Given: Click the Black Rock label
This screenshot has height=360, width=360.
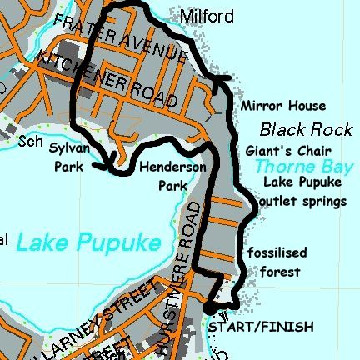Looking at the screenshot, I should click(295, 130).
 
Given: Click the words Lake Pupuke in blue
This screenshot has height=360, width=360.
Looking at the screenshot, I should click(87, 242).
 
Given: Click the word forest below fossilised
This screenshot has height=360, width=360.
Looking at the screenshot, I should click(279, 272).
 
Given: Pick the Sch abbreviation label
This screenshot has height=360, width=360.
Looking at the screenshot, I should click(30, 142).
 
